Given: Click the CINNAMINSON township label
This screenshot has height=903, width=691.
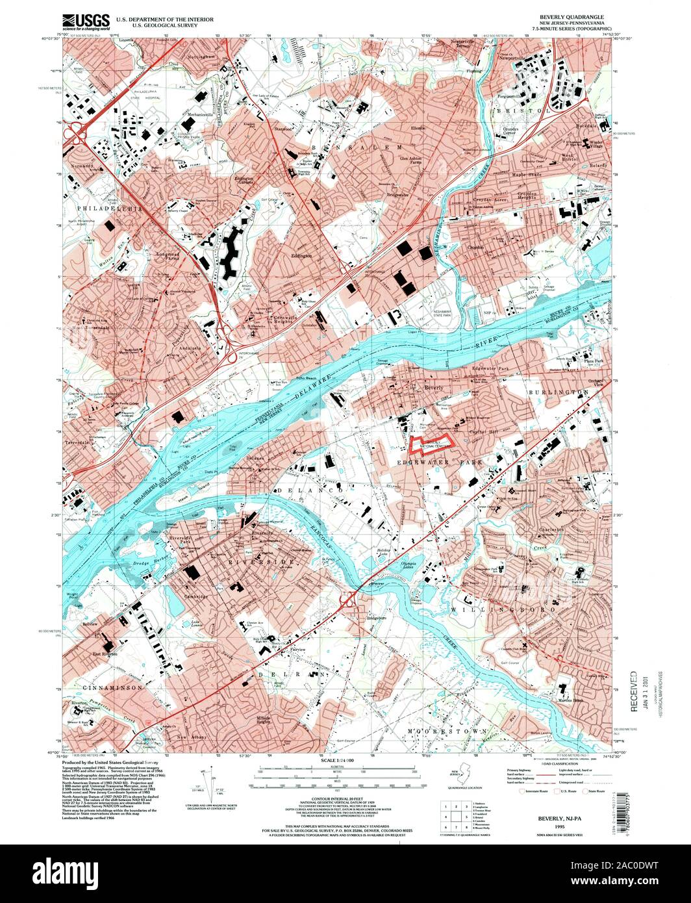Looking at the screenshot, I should tap(104, 686).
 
